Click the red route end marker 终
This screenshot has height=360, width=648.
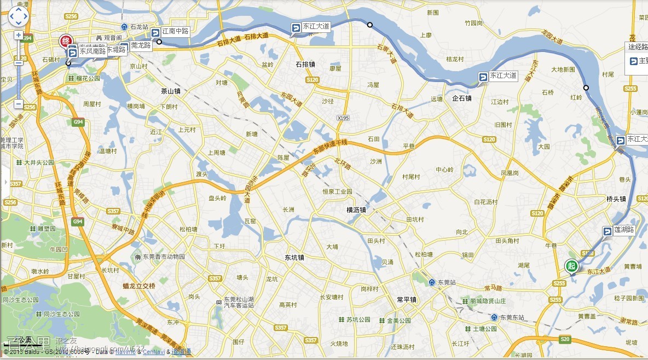click(66, 41)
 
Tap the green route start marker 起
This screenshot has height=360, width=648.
click(571, 266)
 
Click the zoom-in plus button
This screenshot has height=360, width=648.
click(18, 35)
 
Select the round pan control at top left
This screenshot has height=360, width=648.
click(18, 16)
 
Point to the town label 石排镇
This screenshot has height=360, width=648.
click(305, 64)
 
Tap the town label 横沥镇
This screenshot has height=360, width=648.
click(356, 210)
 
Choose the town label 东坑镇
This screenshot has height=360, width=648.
click(294, 257)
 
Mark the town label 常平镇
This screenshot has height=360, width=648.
click(407, 300)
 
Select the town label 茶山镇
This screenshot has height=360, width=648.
click(171, 91)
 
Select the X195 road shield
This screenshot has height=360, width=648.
click(343, 117)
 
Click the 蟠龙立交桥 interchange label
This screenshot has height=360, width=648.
click(138, 286)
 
